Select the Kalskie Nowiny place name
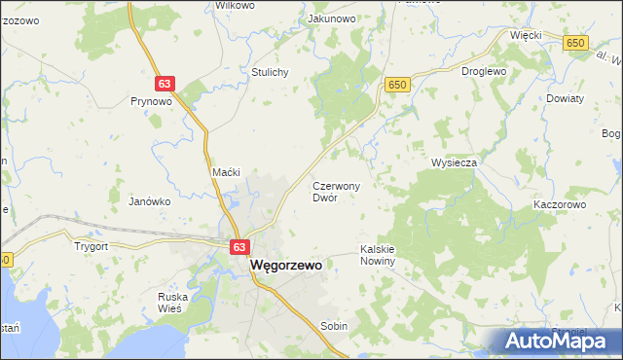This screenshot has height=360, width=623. coord(377,254)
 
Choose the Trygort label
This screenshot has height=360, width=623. coord(91,246)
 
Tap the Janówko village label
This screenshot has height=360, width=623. coord(150,201)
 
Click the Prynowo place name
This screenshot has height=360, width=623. coord(151,100)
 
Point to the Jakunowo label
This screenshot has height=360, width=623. coord(330,18)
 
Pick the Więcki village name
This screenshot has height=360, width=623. coord(526,34)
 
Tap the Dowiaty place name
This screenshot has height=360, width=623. coord(565,99)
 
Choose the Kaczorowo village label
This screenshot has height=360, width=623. coord(559,205)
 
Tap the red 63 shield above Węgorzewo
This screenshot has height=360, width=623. coord(239,248)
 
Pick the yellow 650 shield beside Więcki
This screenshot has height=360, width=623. coord(577,43)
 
